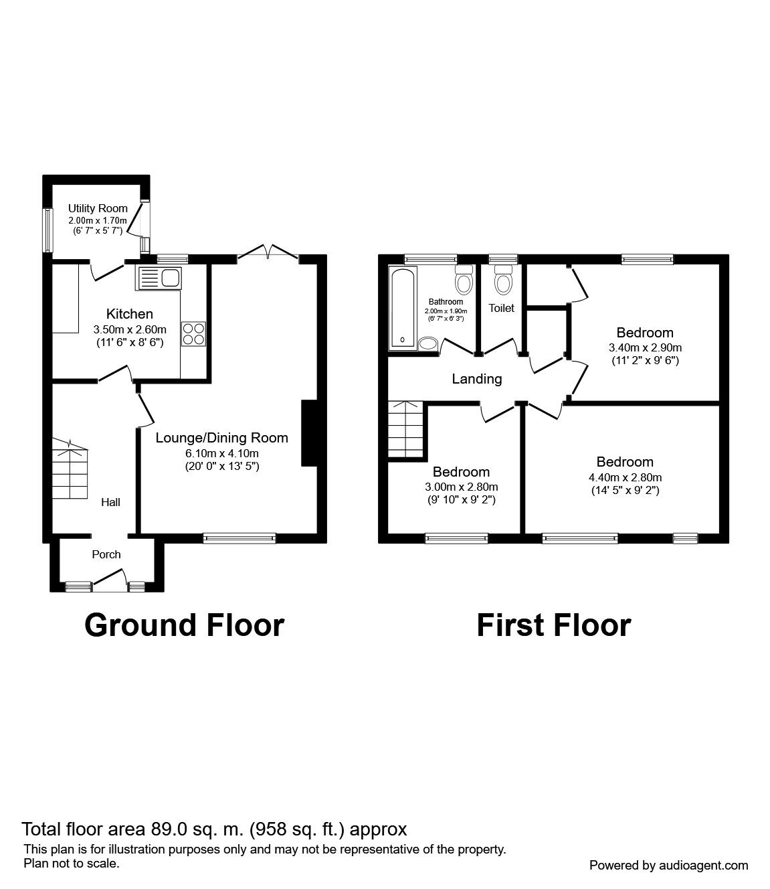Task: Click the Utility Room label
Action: pos(98,208)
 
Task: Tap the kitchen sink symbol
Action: pos(159,277)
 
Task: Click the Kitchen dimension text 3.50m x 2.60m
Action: pos(130,329)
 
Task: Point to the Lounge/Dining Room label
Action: pos(221,438)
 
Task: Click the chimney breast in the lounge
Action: pos(309,432)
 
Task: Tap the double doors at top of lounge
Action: pos(268,252)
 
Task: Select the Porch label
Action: pos(106,554)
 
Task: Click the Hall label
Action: pos(110,502)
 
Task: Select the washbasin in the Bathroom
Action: pos(427,344)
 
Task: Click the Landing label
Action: pos(476,379)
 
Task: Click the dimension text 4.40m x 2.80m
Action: pos(625,477)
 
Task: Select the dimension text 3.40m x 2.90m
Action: pos(645,347)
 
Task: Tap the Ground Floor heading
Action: pos(185,625)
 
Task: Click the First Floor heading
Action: pos(553,625)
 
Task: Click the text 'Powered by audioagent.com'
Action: pos(668,866)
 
